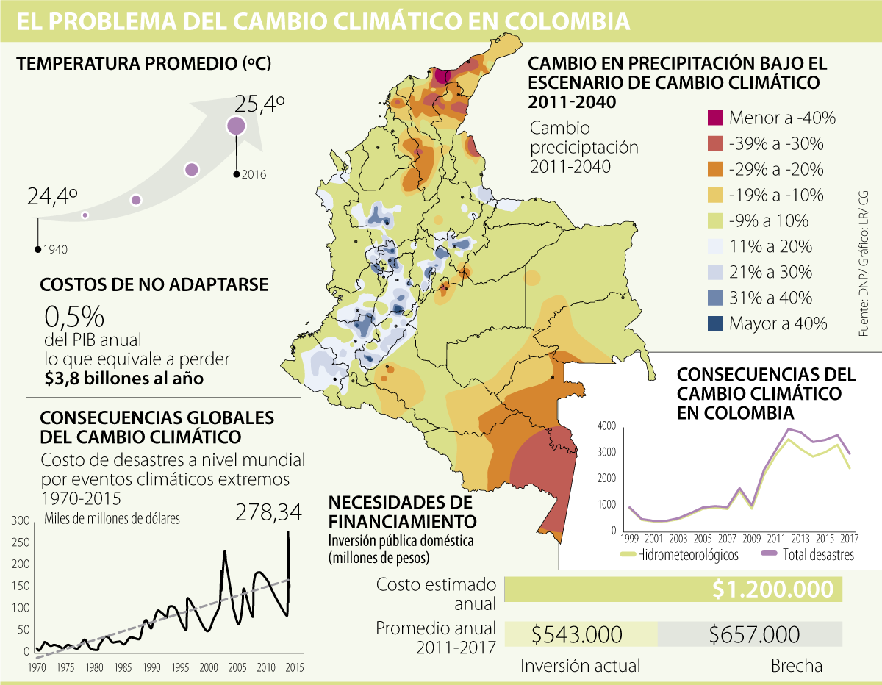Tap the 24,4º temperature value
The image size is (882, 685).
pos(53,197)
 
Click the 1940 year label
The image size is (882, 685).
pos(55,250)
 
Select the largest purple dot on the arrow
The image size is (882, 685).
pos(235,126)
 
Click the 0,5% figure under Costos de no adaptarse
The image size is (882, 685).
pos(74,317)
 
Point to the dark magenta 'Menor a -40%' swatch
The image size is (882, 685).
pos(715,118)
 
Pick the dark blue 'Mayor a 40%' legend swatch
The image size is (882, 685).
pos(715,323)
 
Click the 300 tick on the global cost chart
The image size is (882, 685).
pos(22,521)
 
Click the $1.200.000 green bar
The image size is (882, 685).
pos(673,589)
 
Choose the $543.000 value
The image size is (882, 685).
pos(577,634)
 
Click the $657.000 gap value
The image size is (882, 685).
pos(756,634)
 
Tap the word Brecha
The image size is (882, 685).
pos(797,666)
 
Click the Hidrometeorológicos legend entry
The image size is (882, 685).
pos(688,555)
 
